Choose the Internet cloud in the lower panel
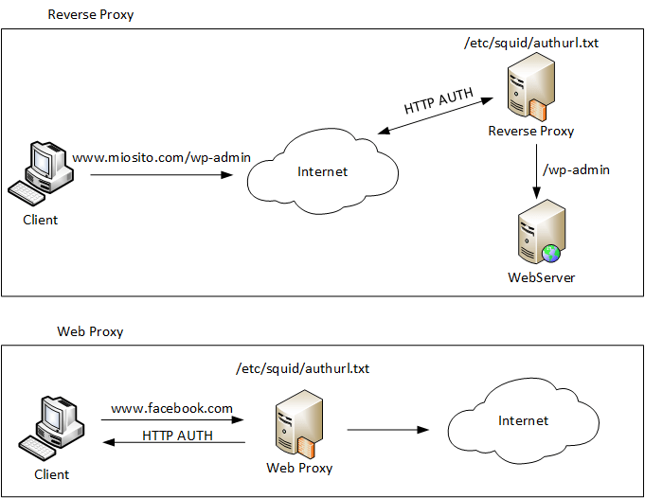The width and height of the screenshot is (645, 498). (523, 420)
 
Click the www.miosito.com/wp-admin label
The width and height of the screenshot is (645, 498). (162, 157)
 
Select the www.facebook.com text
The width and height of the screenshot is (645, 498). (171, 408)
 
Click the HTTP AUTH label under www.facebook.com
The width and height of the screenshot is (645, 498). (177, 436)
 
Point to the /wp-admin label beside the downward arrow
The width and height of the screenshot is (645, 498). (575, 170)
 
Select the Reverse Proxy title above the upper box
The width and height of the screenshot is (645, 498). (91, 15)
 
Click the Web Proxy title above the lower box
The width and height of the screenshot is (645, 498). (90, 331)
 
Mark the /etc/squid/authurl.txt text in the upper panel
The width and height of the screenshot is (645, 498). (531, 43)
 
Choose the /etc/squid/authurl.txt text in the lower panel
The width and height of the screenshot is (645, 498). (302, 367)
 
